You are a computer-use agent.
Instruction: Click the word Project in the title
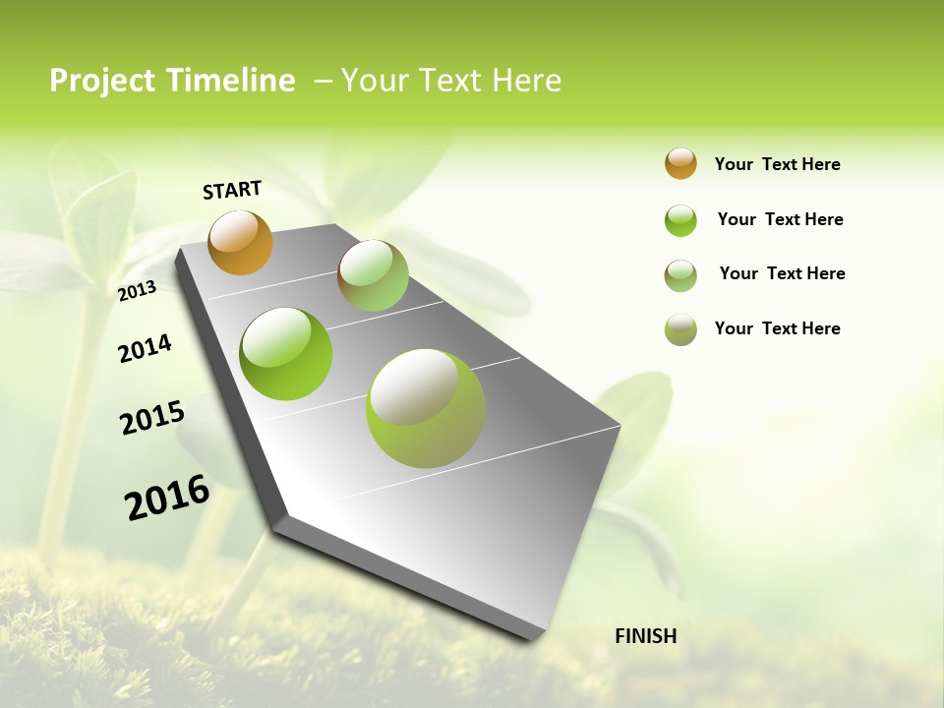101,81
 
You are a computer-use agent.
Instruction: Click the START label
232,190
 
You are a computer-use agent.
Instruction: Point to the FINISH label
645,636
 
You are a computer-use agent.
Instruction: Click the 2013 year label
137,290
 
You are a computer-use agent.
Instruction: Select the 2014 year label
145,348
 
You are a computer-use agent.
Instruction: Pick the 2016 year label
167,497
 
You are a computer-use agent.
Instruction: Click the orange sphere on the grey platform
241,242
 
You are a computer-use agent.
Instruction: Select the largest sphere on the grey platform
426,408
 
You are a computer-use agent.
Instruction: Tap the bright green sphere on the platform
286,354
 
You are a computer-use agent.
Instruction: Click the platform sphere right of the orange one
373,275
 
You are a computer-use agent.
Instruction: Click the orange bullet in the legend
680,163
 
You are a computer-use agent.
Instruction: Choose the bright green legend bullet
680,220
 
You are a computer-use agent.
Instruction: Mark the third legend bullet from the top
680,275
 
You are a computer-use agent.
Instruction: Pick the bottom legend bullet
680,329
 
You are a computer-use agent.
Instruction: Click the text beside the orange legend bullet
777,164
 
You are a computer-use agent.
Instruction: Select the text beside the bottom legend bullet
777,328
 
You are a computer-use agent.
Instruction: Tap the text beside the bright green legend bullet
780,219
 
